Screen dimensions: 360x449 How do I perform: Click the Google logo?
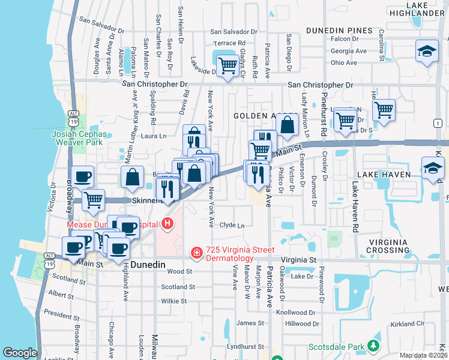click(20, 353)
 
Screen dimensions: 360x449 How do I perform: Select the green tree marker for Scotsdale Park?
click(373, 346)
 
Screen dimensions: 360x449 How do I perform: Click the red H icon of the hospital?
click(167, 224)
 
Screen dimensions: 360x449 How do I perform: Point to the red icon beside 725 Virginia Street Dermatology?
click(196, 254)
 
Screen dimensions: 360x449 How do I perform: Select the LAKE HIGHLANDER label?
click(424, 10)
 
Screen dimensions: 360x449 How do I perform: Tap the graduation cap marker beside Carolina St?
click(426, 50)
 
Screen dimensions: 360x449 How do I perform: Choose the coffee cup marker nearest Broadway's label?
click(82, 178)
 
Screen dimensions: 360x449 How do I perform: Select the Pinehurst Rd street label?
click(324, 113)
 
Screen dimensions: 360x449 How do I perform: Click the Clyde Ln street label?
click(232, 226)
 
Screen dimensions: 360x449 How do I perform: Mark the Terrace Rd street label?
click(231, 43)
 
